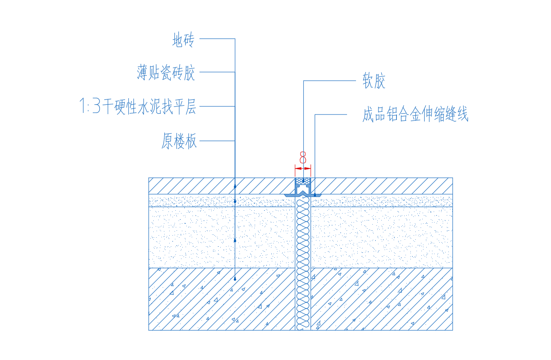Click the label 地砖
click(x=184, y=39)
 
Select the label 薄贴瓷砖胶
click(x=166, y=72)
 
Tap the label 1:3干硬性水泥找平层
click(x=137, y=106)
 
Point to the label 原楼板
click(x=179, y=141)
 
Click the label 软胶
click(x=374, y=81)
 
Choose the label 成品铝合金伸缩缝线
click(x=415, y=114)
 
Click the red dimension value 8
click(x=303, y=157)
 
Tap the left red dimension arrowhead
click(x=298, y=169)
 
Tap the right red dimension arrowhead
click(x=308, y=169)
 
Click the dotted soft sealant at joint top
click(x=303, y=181)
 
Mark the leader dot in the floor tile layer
click(x=235, y=187)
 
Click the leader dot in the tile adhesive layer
click(x=235, y=201)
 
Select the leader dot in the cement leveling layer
click(x=235, y=240)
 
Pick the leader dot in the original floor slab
click(x=235, y=279)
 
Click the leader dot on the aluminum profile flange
click(x=315, y=195)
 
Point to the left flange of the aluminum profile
click(x=290, y=195)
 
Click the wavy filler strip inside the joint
click(x=303, y=263)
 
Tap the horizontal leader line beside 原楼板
click(x=217, y=141)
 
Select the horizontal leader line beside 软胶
click(x=329, y=81)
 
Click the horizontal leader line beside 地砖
click(x=217, y=39)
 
